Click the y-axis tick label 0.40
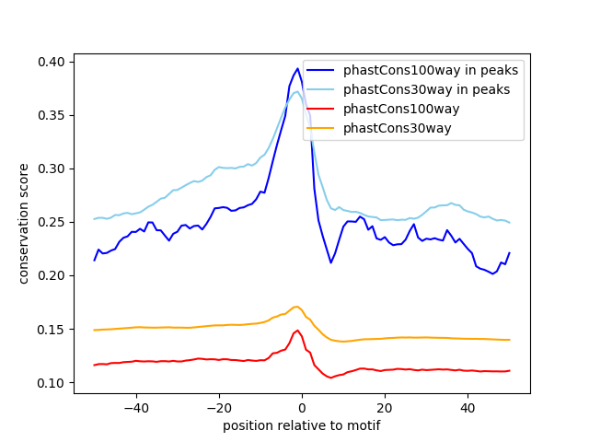(x=53, y=62)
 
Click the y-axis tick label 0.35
(x=53, y=115)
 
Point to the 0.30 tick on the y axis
(x=53, y=169)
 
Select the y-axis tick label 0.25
(x=53, y=222)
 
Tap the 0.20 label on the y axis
(x=53, y=275)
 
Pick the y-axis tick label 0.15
(x=53, y=329)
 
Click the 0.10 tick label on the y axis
(x=53, y=382)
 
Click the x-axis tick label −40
(x=135, y=407)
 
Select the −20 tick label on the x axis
(x=218, y=407)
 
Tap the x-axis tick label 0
(x=302, y=407)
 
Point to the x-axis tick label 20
(x=385, y=407)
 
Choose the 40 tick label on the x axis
(x=468, y=407)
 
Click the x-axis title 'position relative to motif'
(x=301, y=425)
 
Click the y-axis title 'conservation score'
(x=25, y=223)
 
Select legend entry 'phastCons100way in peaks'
(x=431, y=70)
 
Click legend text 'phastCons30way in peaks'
(x=427, y=89)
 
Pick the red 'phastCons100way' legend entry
(x=401, y=109)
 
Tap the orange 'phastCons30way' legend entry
(x=398, y=128)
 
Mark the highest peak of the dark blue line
(x=298, y=68)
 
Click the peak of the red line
(x=297, y=330)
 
